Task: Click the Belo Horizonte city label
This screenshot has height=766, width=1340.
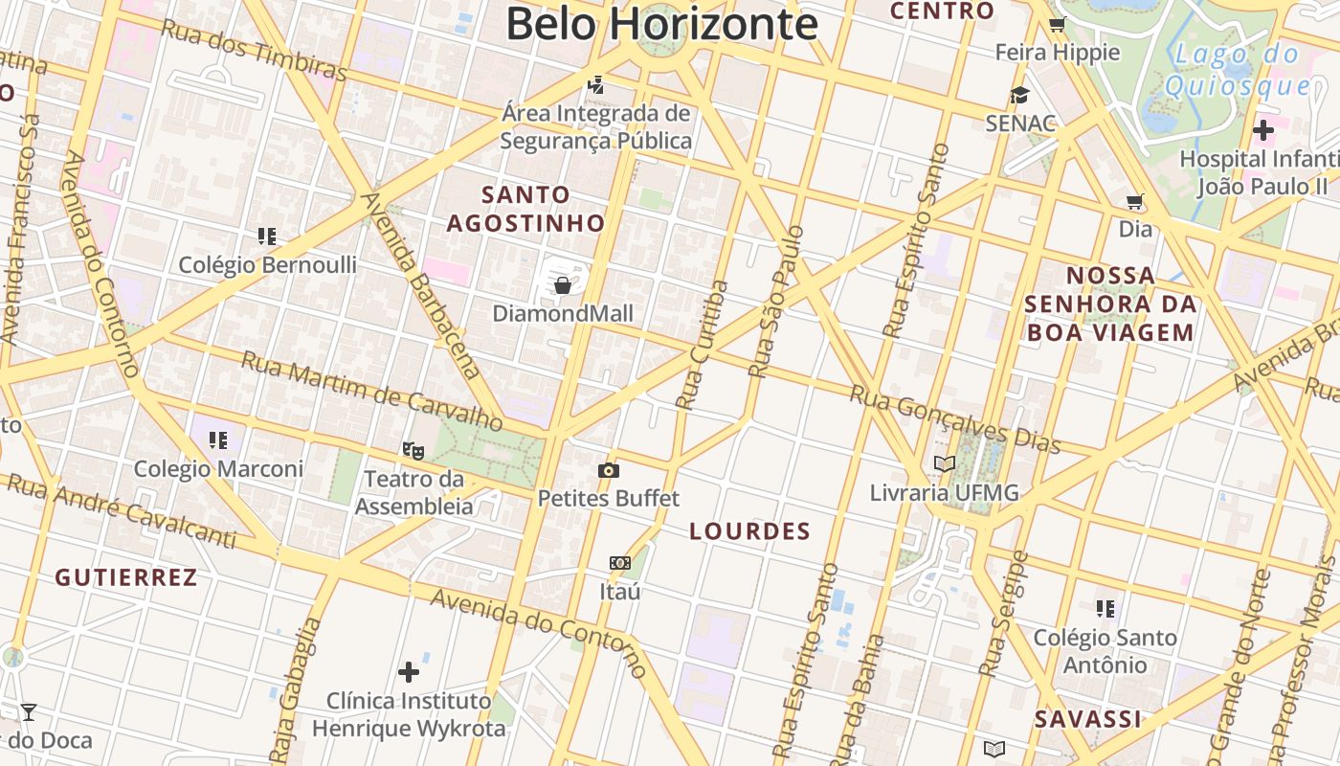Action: [661, 23]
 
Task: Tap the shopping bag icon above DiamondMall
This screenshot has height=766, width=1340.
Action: [563, 284]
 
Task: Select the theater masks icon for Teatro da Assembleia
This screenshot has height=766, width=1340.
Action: [413, 448]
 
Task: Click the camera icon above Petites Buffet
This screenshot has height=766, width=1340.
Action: [608, 470]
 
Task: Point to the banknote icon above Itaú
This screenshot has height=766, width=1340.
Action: [620, 563]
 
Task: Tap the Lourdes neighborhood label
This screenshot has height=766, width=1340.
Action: [749, 531]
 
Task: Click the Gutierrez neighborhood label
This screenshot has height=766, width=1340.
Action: [126, 577]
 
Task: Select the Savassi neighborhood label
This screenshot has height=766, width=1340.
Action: [1087, 719]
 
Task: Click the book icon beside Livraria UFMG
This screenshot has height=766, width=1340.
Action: [945, 464]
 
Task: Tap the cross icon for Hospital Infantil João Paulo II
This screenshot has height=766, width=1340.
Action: [1262, 129]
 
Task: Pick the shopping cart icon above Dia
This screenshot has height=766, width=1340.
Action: [1135, 201]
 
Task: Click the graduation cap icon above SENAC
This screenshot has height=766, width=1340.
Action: [1019, 95]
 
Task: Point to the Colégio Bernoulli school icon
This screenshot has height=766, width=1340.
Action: [267, 236]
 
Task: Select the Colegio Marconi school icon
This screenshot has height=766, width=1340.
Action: [218, 440]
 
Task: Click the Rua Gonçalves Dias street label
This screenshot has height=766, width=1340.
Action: [956, 418]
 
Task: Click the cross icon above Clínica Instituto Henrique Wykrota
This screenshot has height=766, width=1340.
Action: [409, 671]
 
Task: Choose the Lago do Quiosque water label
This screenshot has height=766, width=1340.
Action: [1236, 69]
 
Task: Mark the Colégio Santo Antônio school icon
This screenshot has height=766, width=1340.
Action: [1105, 608]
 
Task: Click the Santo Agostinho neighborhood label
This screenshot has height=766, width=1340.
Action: [526, 209]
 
